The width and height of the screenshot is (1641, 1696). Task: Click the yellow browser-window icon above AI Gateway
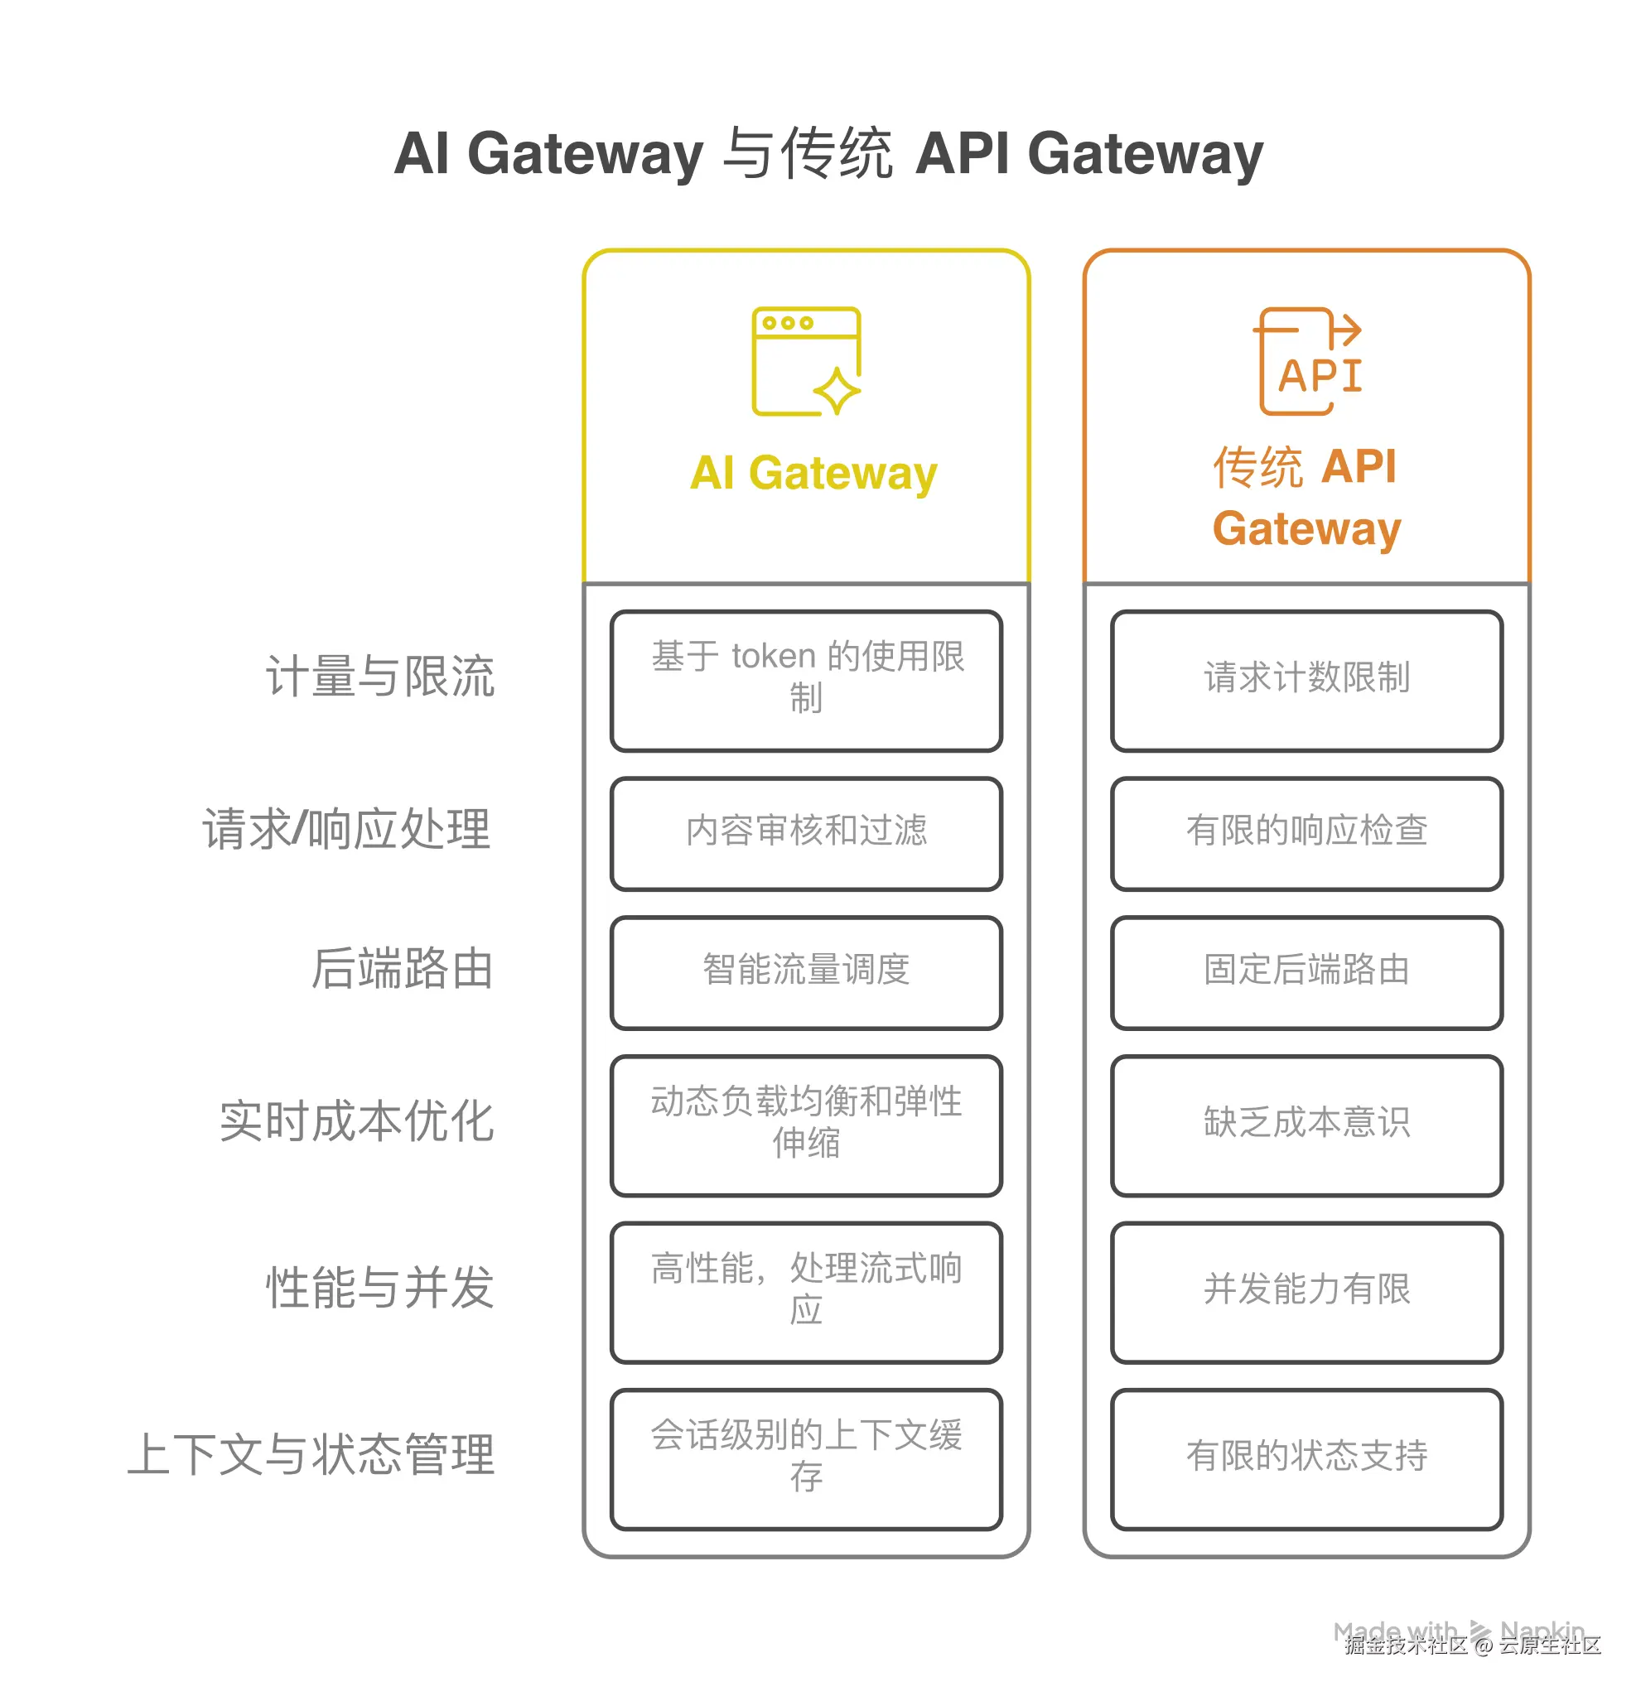(x=806, y=361)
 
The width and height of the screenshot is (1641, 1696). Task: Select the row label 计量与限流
(x=380, y=676)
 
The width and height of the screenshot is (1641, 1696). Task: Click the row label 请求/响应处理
(x=347, y=829)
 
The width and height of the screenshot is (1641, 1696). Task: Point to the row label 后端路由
(x=403, y=967)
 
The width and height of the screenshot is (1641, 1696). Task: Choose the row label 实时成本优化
(x=356, y=1121)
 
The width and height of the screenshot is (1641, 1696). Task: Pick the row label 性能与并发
(x=380, y=1288)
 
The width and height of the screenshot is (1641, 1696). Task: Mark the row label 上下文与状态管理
(x=311, y=1453)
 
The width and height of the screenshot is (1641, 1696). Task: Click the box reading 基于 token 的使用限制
(x=806, y=681)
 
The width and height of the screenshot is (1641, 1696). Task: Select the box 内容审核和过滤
(x=806, y=833)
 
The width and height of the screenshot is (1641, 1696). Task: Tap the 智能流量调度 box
(x=806, y=972)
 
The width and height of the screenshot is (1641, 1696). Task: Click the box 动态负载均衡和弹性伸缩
(x=806, y=1125)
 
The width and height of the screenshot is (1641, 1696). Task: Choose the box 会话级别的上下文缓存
(x=806, y=1459)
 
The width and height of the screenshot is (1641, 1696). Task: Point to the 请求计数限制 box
(x=1306, y=681)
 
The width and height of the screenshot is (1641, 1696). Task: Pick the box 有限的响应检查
(x=1306, y=833)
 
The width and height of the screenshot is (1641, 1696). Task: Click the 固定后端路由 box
(x=1306, y=972)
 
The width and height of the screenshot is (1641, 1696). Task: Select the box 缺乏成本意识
(x=1306, y=1125)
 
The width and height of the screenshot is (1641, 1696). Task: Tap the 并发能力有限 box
(x=1306, y=1292)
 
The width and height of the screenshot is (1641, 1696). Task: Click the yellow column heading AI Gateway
(x=813, y=474)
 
